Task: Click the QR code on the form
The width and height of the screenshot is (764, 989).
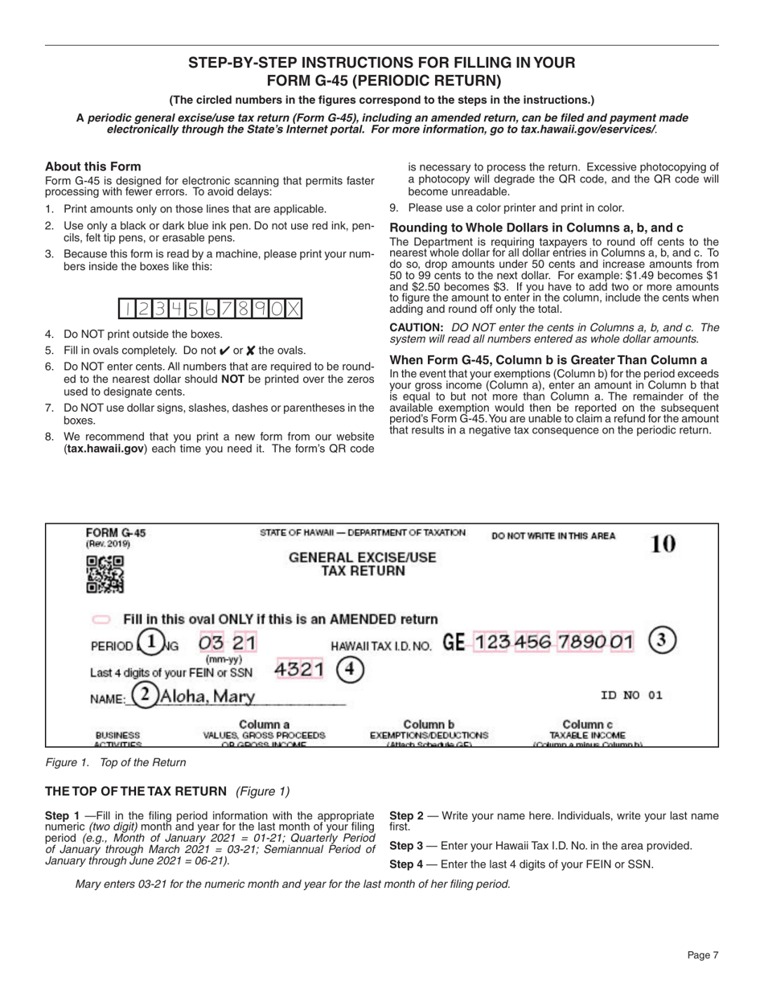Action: tap(105, 575)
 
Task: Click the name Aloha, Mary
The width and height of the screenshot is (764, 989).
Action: tap(207, 696)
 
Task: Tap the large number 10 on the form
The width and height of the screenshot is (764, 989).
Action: tap(663, 544)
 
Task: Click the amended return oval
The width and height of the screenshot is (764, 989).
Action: tap(101, 620)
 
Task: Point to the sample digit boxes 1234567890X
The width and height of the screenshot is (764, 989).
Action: tap(211, 309)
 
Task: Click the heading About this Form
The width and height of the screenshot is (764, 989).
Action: tap(92, 166)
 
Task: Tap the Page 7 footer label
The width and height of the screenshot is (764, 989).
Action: tap(702, 954)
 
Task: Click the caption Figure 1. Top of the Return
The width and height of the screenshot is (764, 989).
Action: tap(115, 762)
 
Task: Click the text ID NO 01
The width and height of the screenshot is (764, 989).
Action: tap(631, 696)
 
